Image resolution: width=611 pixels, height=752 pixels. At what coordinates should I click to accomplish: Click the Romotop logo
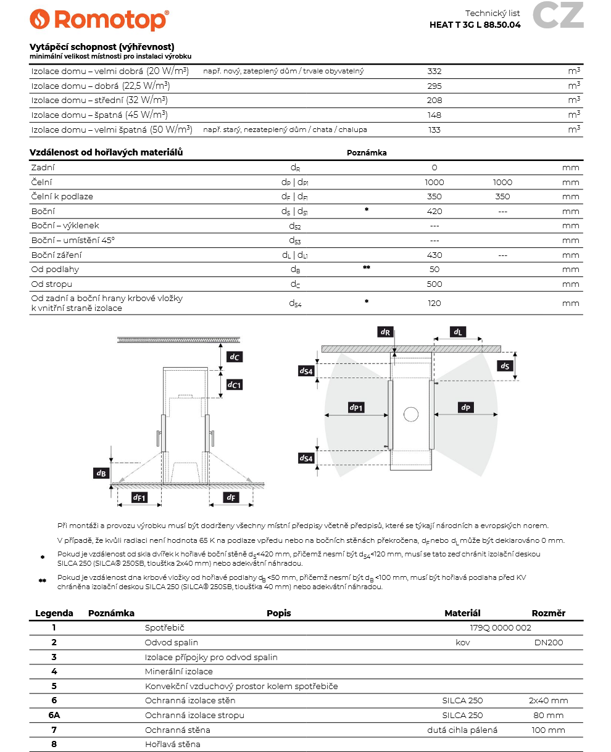pyautogui.click(x=99, y=20)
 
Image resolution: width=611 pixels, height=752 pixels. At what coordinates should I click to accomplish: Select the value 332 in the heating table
pyautogui.click(x=434, y=71)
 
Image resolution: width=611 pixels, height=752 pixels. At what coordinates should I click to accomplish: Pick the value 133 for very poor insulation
pyautogui.click(x=434, y=130)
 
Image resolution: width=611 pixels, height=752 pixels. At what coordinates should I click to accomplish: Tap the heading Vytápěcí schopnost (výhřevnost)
pyautogui.click(x=102, y=47)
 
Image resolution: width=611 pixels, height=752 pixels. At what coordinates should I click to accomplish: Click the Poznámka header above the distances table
pyautogui.click(x=367, y=153)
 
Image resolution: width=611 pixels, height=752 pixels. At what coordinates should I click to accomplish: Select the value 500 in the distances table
pyautogui.click(x=434, y=284)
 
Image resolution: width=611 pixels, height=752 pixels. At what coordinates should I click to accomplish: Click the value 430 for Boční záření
pyautogui.click(x=434, y=255)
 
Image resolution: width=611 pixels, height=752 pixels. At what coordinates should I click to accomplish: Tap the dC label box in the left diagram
pyautogui.click(x=235, y=357)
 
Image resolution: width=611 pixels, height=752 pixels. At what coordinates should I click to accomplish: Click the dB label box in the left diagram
pyautogui.click(x=101, y=473)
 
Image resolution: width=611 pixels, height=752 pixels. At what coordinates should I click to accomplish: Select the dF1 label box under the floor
pyautogui.click(x=139, y=497)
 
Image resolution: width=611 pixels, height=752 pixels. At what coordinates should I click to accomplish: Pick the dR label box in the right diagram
pyautogui.click(x=385, y=332)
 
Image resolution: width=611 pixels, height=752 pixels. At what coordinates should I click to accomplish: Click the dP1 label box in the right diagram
pyautogui.click(x=356, y=407)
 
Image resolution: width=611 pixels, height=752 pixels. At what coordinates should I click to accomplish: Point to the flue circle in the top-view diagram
pyautogui.click(x=411, y=414)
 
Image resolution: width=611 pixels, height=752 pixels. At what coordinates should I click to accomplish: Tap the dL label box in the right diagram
pyautogui.click(x=457, y=332)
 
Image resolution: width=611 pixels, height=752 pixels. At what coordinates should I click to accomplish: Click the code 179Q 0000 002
pyautogui.click(x=501, y=628)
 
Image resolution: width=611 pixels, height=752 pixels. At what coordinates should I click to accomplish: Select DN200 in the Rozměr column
pyautogui.click(x=548, y=642)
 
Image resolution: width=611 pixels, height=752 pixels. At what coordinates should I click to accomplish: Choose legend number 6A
pyautogui.click(x=54, y=715)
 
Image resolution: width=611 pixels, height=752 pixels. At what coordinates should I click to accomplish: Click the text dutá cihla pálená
pyautogui.click(x=462, y=730)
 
